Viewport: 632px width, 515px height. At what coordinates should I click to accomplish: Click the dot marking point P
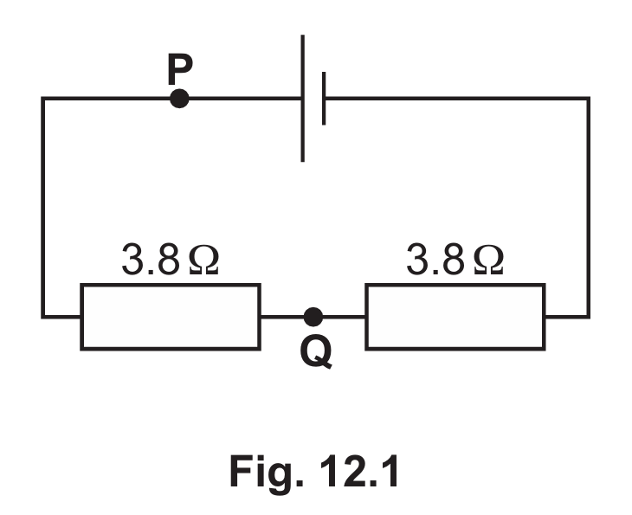pos(179,99)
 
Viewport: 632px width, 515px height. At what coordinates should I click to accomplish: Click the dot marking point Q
pos(313,317)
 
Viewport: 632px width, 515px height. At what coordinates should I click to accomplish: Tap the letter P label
pos(180,69)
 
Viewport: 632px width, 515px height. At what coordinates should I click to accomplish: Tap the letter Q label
pos(316,352)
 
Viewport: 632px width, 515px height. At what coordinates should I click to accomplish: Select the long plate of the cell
pos(303,99)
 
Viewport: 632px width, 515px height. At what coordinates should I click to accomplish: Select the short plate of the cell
pos(324,99)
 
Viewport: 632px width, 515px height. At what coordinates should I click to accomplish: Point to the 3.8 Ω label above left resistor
pos(170,259)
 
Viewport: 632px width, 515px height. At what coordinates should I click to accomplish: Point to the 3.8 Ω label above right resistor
pos(455,259)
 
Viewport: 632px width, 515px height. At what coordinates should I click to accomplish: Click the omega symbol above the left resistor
pos(204,261)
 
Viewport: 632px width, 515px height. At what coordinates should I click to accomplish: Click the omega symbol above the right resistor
pos(489,261)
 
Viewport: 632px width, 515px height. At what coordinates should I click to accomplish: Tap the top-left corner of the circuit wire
pos(42,99)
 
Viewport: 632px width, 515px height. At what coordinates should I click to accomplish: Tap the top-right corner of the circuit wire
pos(589,99)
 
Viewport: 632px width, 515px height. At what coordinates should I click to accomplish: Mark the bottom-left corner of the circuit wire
pos(42,317)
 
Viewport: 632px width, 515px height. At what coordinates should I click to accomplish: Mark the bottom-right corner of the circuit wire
pos(589,317)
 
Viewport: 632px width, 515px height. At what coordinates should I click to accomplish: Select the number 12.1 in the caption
pos(359,471)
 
